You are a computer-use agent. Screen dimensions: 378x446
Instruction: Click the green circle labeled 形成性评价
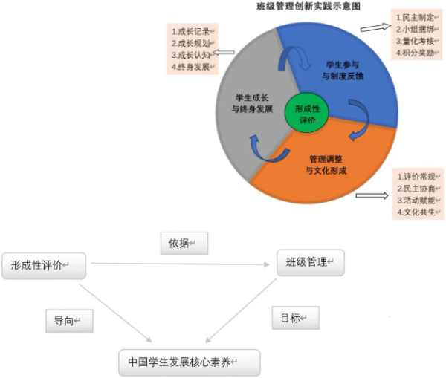(306, 114)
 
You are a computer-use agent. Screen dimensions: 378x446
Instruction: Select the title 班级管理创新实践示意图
(308, 6)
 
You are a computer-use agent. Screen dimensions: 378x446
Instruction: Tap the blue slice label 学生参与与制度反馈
(343, 70)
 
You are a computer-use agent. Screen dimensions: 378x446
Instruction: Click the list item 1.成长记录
(192, 32)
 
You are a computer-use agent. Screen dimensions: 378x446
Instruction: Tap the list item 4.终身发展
(192, 67)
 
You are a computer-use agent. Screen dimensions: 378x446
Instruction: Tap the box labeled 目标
(295, 319)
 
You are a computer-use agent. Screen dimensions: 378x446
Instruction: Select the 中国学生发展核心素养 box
(190, 362)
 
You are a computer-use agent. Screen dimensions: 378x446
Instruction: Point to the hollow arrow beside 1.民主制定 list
(373, 27)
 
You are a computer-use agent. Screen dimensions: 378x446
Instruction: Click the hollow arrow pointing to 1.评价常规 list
(372, 197)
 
